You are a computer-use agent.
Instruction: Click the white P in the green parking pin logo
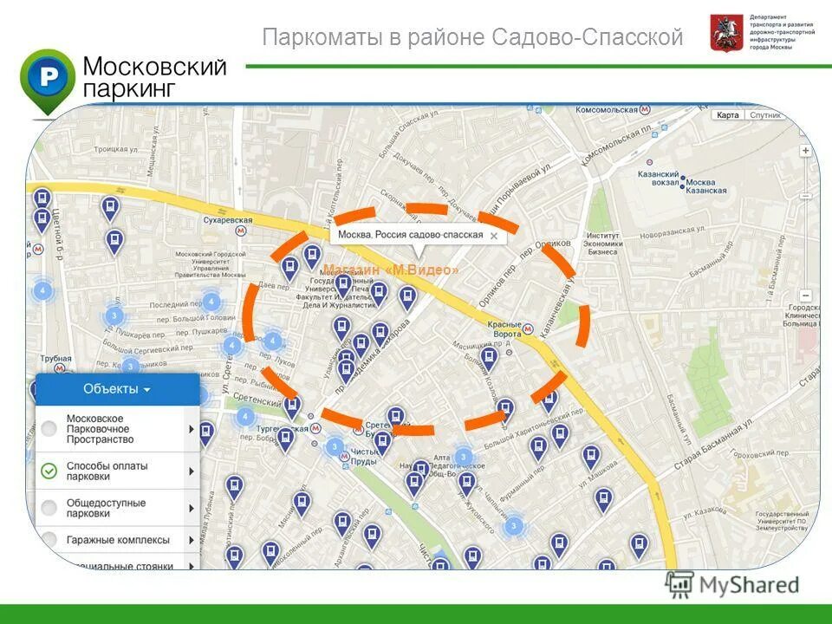coord(48,77)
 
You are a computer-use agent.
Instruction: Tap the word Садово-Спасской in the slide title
coord(587,38)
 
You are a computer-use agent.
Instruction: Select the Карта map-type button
coord(728,115)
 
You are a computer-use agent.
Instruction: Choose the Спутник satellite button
coord(765,115)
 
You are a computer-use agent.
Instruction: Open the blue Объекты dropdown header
coord(117,389)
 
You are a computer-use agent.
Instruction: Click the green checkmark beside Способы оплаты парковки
coord(49,471)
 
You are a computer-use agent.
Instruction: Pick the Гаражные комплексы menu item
coord(118,540)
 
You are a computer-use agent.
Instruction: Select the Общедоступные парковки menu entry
coord(106,508)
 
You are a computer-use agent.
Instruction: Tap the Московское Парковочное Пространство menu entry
coord(98,429)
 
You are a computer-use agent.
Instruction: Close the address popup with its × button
coord(493,235)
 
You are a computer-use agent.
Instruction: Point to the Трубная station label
coord(55,358)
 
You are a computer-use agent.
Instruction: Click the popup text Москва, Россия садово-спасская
coord(410,235)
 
